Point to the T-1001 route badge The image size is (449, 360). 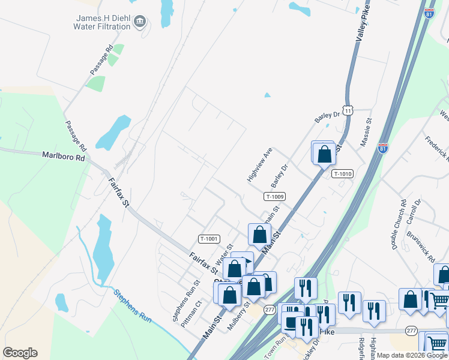[209, 239]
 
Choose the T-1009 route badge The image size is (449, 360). [274, 196]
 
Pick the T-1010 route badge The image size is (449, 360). [342, 174]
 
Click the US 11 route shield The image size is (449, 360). [349, 110]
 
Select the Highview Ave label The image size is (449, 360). [260, 164]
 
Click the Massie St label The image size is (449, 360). [366, 133]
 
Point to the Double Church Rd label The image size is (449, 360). [399, 224]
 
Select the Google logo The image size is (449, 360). [20, 353]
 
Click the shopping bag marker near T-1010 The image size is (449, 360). [324, 154]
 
